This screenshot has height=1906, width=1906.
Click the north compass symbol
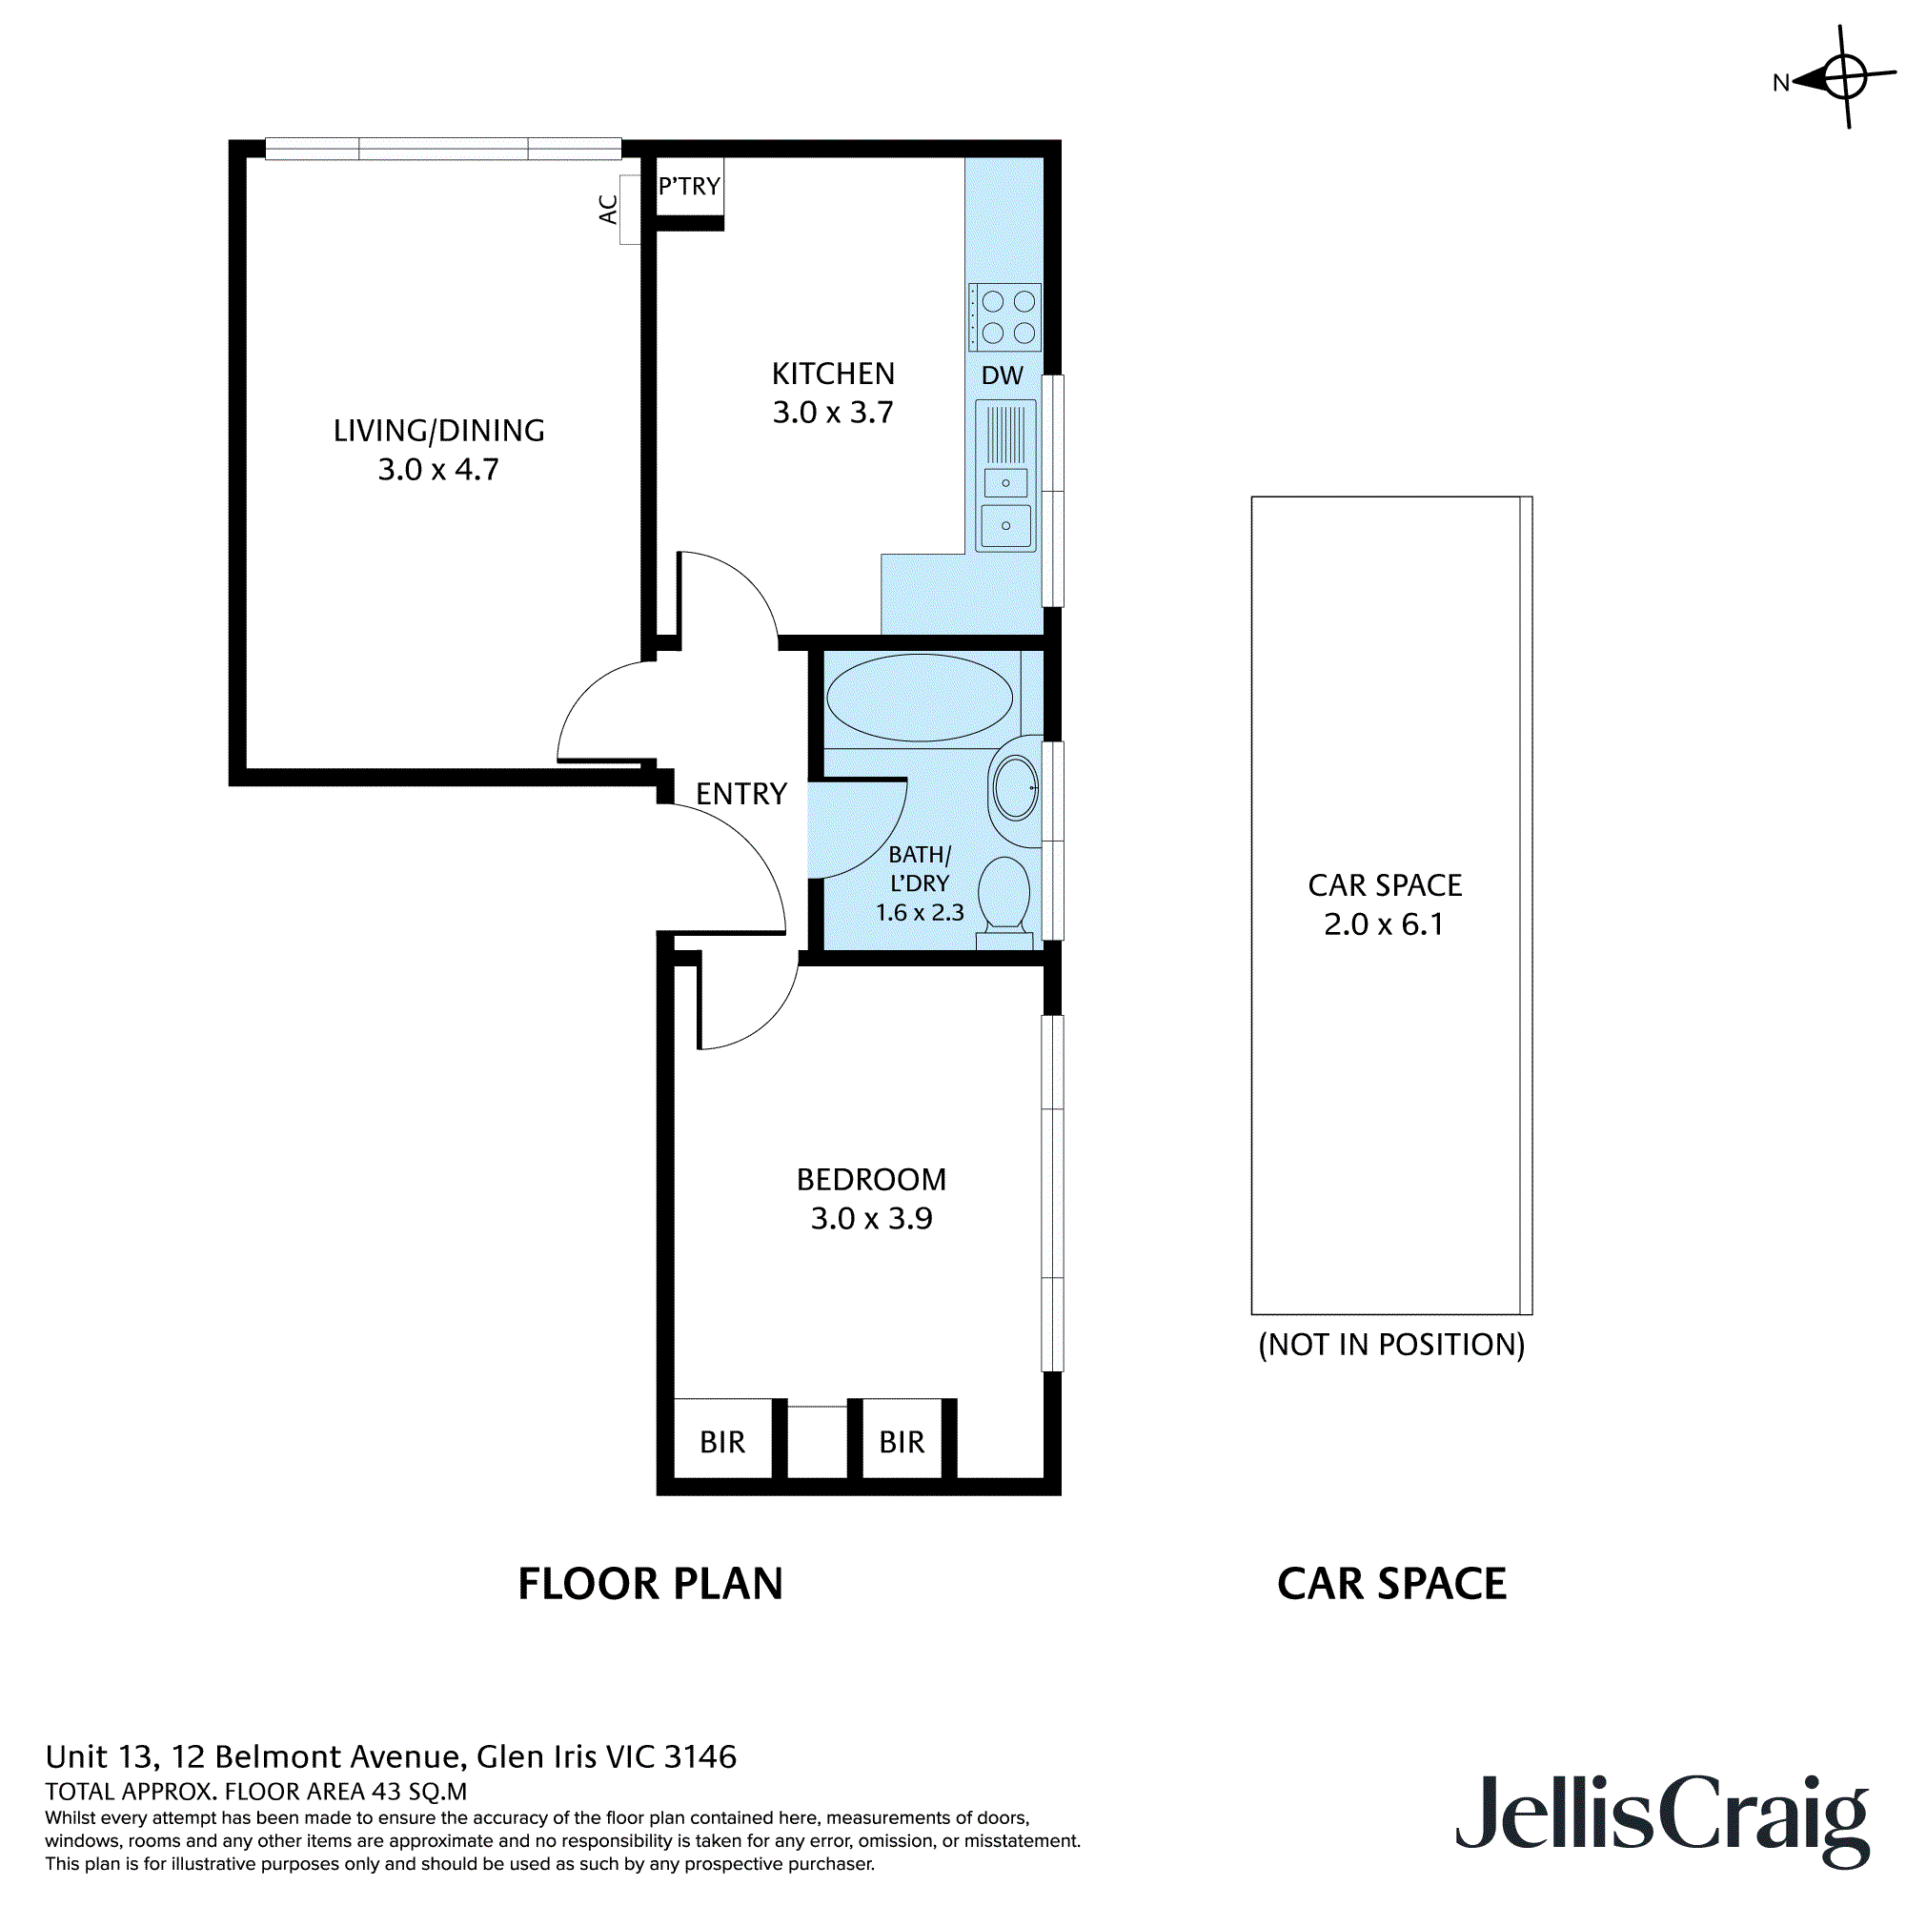(x=1843, y=77)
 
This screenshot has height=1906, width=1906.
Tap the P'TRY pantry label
(x=689, y=186)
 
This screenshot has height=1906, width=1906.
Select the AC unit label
(x=609, y=208)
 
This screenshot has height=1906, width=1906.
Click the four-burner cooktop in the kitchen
(x=1005, y=316)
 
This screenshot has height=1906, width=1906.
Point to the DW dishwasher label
(x=1002, y=375)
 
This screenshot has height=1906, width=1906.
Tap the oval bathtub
(x=919, y=698)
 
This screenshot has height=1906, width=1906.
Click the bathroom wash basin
(x=1016, y=788)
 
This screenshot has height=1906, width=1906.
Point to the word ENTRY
(x=740, y=793)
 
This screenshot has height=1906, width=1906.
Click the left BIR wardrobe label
(x=722, y=1442)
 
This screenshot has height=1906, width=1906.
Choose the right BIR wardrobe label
(x=901, y=1442)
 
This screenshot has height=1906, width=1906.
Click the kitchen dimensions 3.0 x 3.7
(x=833, y=413)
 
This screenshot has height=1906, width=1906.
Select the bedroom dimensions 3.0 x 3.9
(x=871, y=1218)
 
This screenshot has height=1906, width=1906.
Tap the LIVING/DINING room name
(x=438, y=430)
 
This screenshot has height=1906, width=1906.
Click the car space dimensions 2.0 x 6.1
(x=1383, y=924)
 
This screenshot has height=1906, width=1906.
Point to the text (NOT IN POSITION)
(x=1391, y=1345)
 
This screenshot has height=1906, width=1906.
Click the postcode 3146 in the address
(x=700, y=1756)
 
